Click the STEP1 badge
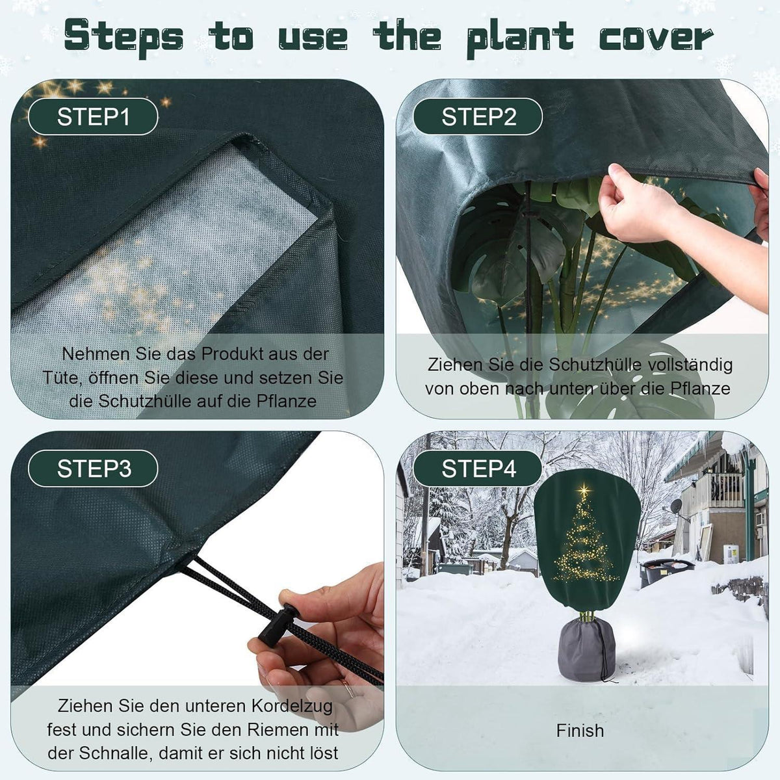(93, 116)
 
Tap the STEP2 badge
(478, 116)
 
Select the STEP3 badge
(93, 468)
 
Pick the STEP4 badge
(478, 468)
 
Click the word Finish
(580, 731)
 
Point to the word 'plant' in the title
(520, 37)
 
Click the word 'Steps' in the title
(123, 37)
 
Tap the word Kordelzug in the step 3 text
(292, 707)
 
